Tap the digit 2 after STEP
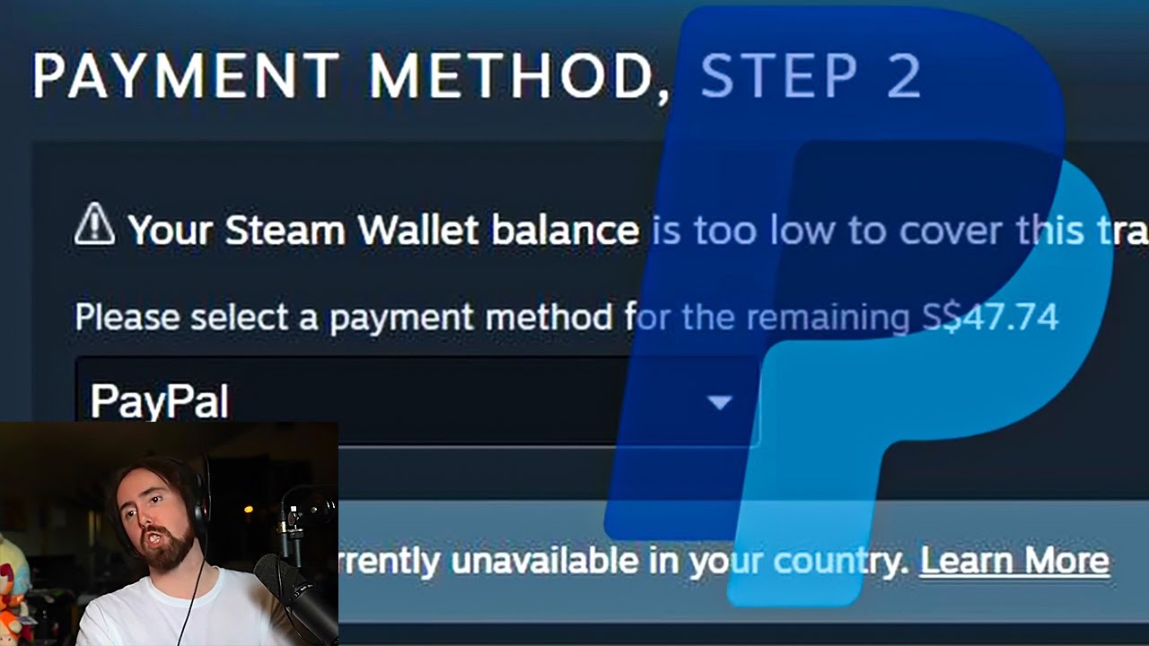click(x=903, y=75)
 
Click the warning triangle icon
click(x=94, y=224)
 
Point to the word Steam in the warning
click(x=285, y=231)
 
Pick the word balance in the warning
click(x=565, y=231)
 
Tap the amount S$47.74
click(x=990, y=317)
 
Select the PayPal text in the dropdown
click(x=159, y=401)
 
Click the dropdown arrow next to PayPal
click(x=720, y=403)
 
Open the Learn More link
click(x=1014, y=561)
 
